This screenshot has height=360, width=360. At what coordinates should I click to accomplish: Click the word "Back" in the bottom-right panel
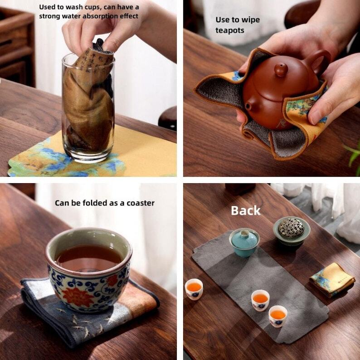pos(245,210)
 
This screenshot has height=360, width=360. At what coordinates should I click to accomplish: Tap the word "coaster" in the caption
pos(141,203)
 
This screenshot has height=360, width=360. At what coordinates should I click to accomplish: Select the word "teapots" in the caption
pos(229,30)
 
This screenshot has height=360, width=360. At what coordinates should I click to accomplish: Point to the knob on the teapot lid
pos(281,69)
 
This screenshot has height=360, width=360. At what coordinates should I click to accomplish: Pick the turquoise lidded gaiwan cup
pos(244,243)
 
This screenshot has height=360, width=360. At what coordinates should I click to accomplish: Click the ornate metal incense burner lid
pos(291,227)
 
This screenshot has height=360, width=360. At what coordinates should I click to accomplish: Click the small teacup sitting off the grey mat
pos(194,289)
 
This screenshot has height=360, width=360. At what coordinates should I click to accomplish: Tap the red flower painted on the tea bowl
pos(78,296)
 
